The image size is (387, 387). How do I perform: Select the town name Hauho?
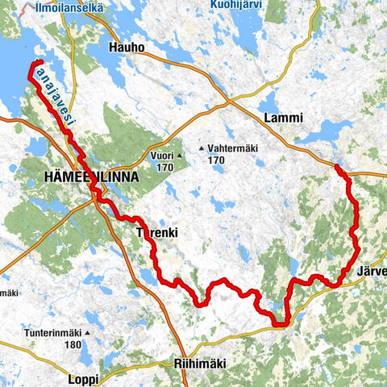(x=126, y=48)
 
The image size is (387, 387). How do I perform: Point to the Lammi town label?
(x=283, y=119)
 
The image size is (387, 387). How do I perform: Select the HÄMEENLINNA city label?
(x=93, y=177)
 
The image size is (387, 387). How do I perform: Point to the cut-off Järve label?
(x=369, y=271)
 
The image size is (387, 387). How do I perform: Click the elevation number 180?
(x=73, y=344)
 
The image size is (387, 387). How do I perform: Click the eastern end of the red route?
(x=336, y=167)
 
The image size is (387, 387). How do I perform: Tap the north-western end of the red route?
(x=39, y=62)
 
